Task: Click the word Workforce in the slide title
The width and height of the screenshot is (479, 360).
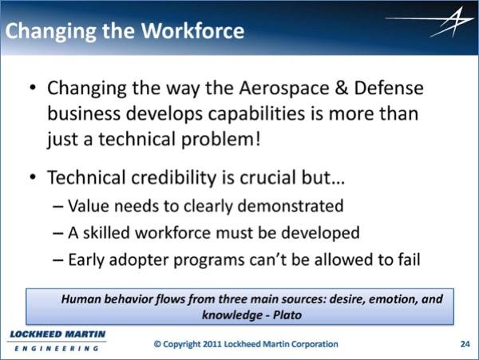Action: click(192, 31)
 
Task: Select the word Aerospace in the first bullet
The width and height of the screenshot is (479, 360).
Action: click(284, 89)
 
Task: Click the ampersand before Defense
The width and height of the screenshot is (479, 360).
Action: click(342, 88)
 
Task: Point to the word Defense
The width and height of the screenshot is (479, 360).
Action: click(389, 88)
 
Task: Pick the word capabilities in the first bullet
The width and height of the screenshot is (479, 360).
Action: click(256, 114)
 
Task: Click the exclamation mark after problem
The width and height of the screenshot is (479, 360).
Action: click(258, 139)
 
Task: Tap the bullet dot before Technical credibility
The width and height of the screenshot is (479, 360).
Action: click(33, 176)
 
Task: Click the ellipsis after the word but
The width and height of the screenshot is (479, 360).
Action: click(338, 183)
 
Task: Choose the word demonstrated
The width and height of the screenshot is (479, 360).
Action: click(291, 205)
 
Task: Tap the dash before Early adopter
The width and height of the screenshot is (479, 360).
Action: click(58, 260)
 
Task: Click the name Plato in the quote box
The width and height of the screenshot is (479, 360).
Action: click(287, 315)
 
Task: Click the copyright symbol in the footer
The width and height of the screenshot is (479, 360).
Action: click(157, 344)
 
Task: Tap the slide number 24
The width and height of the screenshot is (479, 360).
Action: click(465, 344)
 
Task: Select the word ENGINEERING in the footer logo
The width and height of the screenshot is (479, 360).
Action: click(57, 348)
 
